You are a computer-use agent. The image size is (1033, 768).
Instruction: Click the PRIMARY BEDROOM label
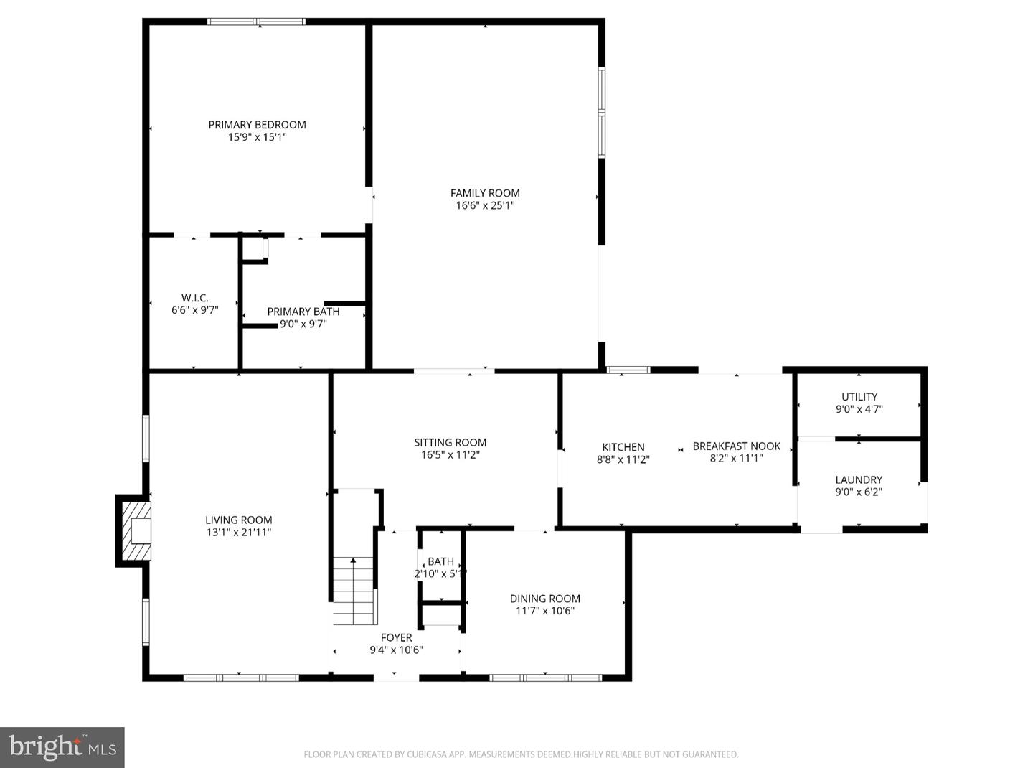257,124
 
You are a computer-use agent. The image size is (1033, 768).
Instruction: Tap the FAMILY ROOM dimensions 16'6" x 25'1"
485,205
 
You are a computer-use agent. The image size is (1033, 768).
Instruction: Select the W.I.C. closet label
194,298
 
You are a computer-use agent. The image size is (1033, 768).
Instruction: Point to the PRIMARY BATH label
303,312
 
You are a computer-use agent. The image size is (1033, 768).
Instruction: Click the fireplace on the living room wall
136,530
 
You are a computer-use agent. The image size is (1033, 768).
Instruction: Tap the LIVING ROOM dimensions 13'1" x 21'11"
238,533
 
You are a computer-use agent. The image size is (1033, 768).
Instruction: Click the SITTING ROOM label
450,442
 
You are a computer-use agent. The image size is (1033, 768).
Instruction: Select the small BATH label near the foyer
440,561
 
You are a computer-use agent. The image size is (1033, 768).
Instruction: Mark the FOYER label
396,637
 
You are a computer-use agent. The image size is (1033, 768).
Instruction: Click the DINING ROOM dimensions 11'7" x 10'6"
544,611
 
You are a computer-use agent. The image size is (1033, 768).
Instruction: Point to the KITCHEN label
623,446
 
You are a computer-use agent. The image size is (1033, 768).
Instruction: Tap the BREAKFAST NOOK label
736,446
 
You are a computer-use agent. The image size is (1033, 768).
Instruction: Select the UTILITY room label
859,396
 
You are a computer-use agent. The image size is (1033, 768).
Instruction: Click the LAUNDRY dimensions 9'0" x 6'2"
858,492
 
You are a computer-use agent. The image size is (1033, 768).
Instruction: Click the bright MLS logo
62,747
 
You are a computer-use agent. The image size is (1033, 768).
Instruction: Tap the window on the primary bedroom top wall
256,22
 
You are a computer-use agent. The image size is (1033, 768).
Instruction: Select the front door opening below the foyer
396,677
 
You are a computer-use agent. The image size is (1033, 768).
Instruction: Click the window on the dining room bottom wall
545,677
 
